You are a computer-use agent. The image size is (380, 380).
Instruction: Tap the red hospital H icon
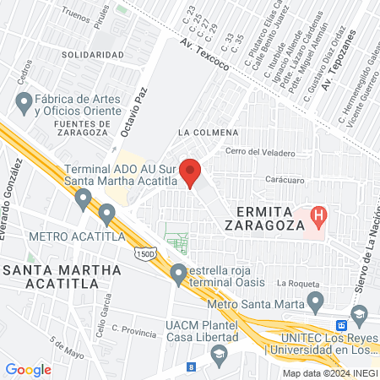[x=318, y=215]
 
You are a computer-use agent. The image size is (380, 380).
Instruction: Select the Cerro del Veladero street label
[x=261, y=153]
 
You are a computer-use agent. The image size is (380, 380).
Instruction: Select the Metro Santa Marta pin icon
[x=316, y=301]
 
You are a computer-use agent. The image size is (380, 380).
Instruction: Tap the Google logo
[x=29, y=369]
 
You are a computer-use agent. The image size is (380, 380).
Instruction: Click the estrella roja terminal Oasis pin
[x=178, y=274]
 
